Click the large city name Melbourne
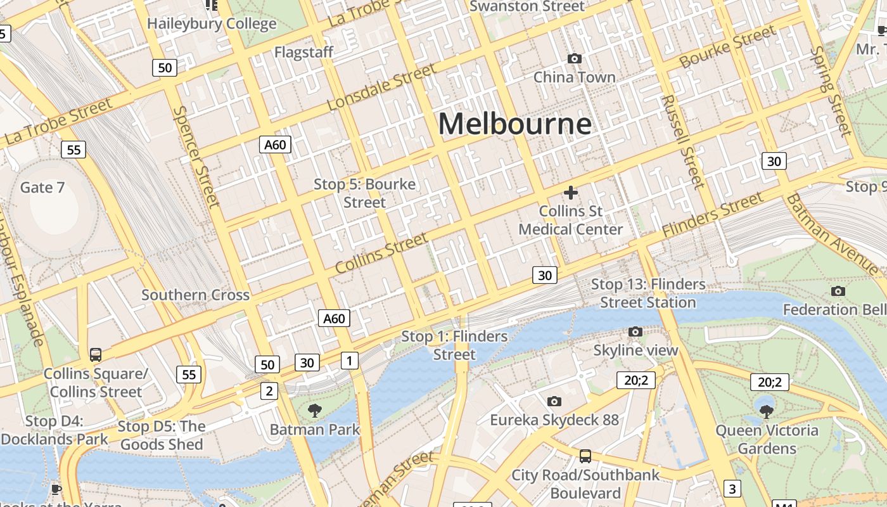(x=514, y=124)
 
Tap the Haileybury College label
(x=212, y=24)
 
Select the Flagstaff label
(x=303, y=52)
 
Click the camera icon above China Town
(x=575, y=59)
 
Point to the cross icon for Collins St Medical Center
(x=571, y=192)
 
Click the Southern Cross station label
(x=195, y=295)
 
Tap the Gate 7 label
(x=42, y=188)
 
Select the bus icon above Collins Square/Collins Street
(x=96, y=355)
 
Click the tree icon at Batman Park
(x=314, y=411)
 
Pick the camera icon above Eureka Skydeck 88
(x=554, y=401)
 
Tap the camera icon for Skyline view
(x=635, y=332)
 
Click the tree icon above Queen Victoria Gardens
(x=766, y=411)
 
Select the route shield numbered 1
(x=349, y=361)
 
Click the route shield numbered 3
(x=732, y=489)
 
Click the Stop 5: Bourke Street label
(x=365, y=193)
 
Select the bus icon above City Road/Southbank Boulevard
(x=585, y=456)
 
